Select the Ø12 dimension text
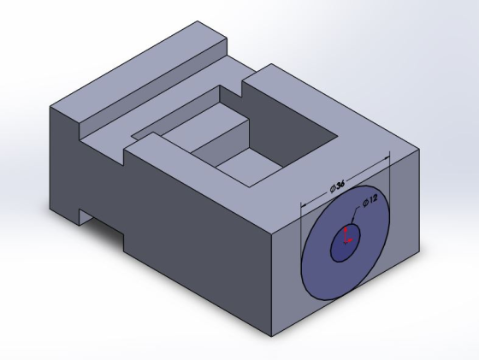coord(370,201)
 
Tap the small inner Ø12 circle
coord(346,242)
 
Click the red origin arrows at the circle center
coord(347,235)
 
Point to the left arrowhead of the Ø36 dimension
coord(304,204)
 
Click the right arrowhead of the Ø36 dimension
coord(387,158)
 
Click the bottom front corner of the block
coord(272,337)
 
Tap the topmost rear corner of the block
coord(198,21)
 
